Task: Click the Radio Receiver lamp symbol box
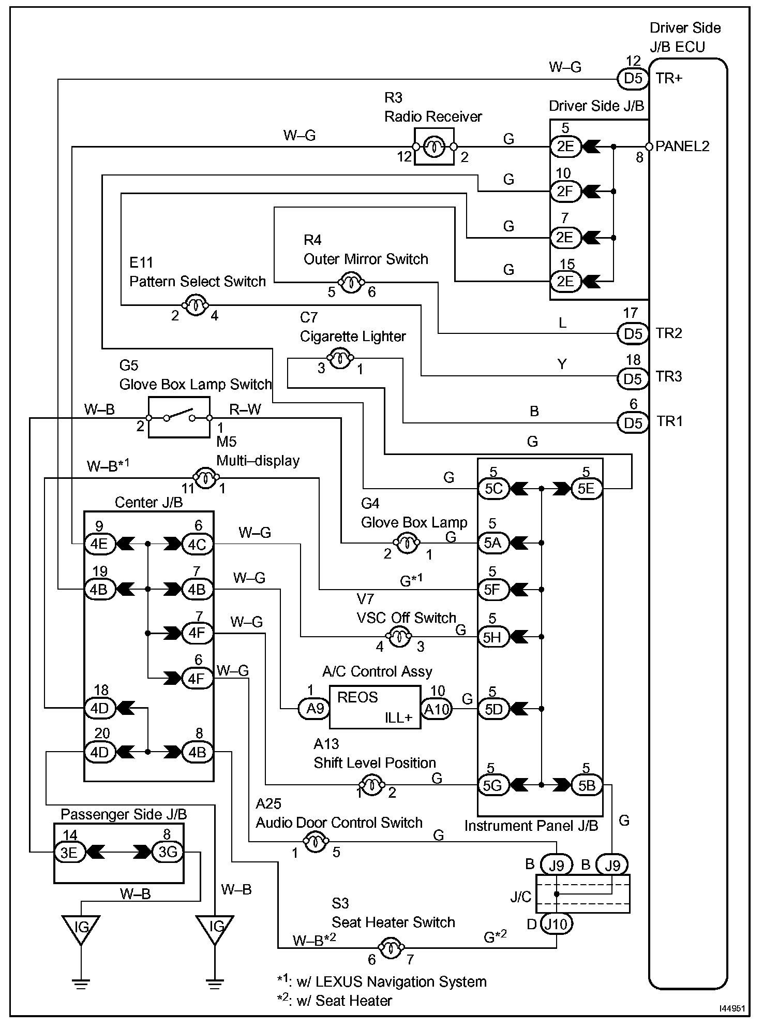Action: click(x=434, y=147)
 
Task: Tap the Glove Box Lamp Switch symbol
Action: click(x=179, y=417)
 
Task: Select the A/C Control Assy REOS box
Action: click(x=375, y=707)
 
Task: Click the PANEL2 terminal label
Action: click(x=682, y=146)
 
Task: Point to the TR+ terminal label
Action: click(x=669, y=78)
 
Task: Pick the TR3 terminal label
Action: click(x=669, y=376)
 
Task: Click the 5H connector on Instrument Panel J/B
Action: click(x=493, y=636)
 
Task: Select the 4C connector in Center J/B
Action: click(x=197, y=544)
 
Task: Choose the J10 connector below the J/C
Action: click(x=557, y=924)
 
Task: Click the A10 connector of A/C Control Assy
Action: click(x=437, y=709)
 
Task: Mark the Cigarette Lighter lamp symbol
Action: click(x=340, y=358)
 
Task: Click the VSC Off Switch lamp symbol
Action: click(x=399, y=637)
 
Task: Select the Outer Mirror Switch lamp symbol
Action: click(x=351, y=283)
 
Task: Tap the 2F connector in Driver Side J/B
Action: click(x=565, y=192)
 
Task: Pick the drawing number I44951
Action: click(x=731, y=1008)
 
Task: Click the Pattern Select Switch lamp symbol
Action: click(x=196, y=305)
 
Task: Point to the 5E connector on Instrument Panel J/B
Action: click(x=587, y=488)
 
